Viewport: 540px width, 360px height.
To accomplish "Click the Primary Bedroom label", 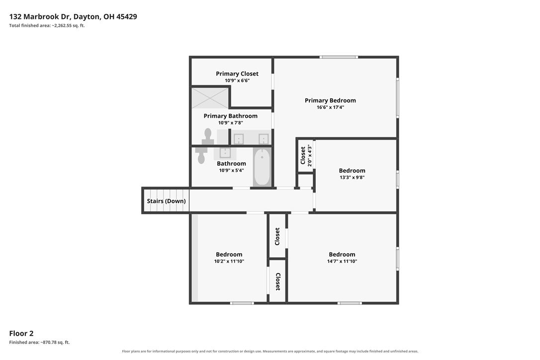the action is pyautogui.click(x=330, y=100).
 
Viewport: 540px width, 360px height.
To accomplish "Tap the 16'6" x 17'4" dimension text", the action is pyautogui.click(x=330, y=107).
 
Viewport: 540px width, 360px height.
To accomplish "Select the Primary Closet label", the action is pyautogui.click(x=237, y=74).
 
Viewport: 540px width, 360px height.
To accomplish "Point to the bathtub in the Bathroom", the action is pyautogui.click(x=262, y=167).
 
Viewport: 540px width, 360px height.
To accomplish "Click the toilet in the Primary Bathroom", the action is pyautogui.click(x=208, y=136).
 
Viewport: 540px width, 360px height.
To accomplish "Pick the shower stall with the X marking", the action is pyautogui.click(x=210, y=98).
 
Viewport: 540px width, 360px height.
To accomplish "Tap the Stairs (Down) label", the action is pyautogui.click(x=167, y=201).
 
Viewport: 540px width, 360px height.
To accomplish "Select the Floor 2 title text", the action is pyautogui.click(x=21, y=334).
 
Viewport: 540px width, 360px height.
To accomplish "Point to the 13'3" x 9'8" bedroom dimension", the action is pyautogui.click(x=352, y=178).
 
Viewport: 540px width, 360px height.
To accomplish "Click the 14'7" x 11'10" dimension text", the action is pyautogui.click(x=342, y=262).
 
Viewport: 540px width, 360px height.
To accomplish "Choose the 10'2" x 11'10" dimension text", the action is pyautogui.click(x=229, y=262).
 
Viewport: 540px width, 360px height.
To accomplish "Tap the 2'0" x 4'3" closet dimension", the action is pyautogui.click(x=310, y=156).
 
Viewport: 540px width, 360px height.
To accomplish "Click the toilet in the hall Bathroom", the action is pyautogui.click(x=201, y=156).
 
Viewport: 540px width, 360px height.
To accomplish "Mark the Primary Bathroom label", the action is pyautogui.click(x=230, y=116).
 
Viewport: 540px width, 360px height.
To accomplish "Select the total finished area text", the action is pyautogui.click(x=47, y=25).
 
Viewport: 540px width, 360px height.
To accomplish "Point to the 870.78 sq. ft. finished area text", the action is pyautogui.click(x=39, y=343).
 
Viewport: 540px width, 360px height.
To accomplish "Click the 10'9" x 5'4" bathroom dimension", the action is pyautogui.click(x=231, y=171).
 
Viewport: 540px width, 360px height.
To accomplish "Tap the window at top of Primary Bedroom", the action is pyautogui.click(x=339, y=57).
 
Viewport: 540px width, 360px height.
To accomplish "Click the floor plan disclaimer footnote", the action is pyautogui.click(x=270, y=352).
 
